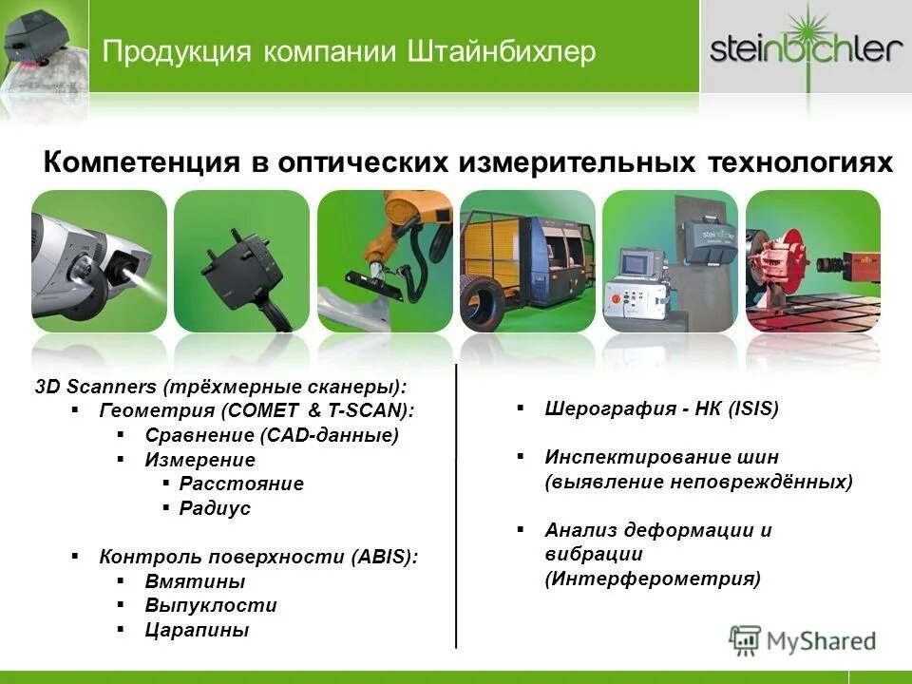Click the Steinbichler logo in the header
(x=806, y=47)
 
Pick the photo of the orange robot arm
(x=385, y=260)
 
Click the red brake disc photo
(x=812, y=260)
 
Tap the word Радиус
(x=215, y=508)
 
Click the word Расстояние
(x=241, y=484)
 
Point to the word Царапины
(x=197, y=630)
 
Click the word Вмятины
(x=195, y=581)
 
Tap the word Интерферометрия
(x=653, y=579)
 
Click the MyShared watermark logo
(x=803, y=640)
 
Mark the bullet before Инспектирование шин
(x=521, y=457)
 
